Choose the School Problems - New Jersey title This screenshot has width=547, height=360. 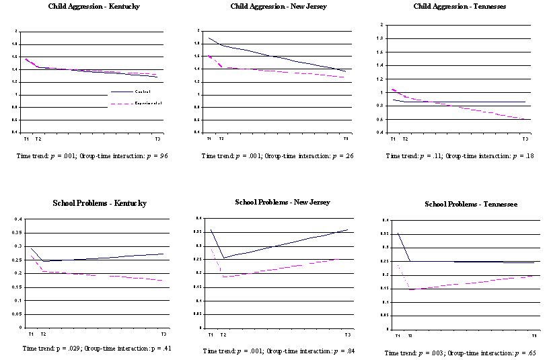(x=283, y=202)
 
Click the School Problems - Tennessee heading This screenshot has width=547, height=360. (x=467, y=204)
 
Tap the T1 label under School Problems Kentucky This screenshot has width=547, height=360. (x=30, y=334)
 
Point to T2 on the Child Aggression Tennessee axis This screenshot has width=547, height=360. (x=404, y=139)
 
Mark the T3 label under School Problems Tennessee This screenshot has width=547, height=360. (x=534, y=335)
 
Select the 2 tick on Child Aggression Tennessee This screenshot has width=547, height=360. (x=381, y=25)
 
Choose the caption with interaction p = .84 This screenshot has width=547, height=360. (x=279, y=351)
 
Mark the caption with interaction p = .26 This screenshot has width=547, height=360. (x=277, y=156)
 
